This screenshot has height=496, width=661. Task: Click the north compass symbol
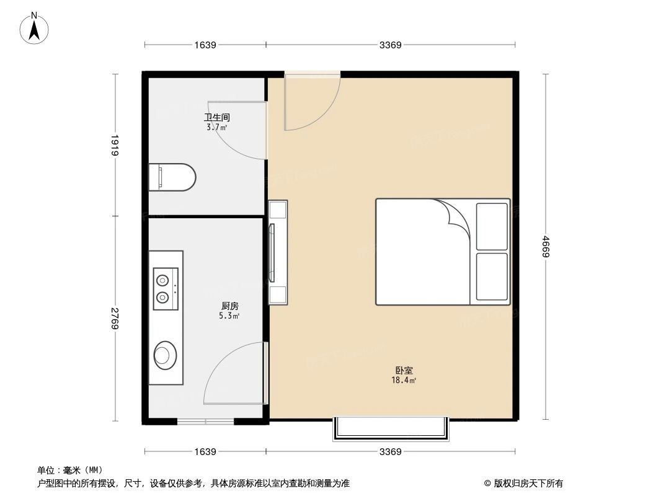click(x=35, y=27)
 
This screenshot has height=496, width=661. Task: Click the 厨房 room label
click(x=230, y=306)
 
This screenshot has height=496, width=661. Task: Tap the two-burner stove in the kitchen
click(x=166, y=289)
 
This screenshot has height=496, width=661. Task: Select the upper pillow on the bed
click(x=492, y=226)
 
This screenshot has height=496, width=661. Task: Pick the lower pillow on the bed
click(x=492, y=277)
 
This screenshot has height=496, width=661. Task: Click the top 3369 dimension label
click(x=391, y=45)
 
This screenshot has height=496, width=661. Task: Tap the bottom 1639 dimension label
click(x=205, y=452)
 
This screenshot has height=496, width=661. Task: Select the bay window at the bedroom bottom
click(x=391, y=428)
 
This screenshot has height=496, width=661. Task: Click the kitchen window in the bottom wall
click(x=205, y=422)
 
